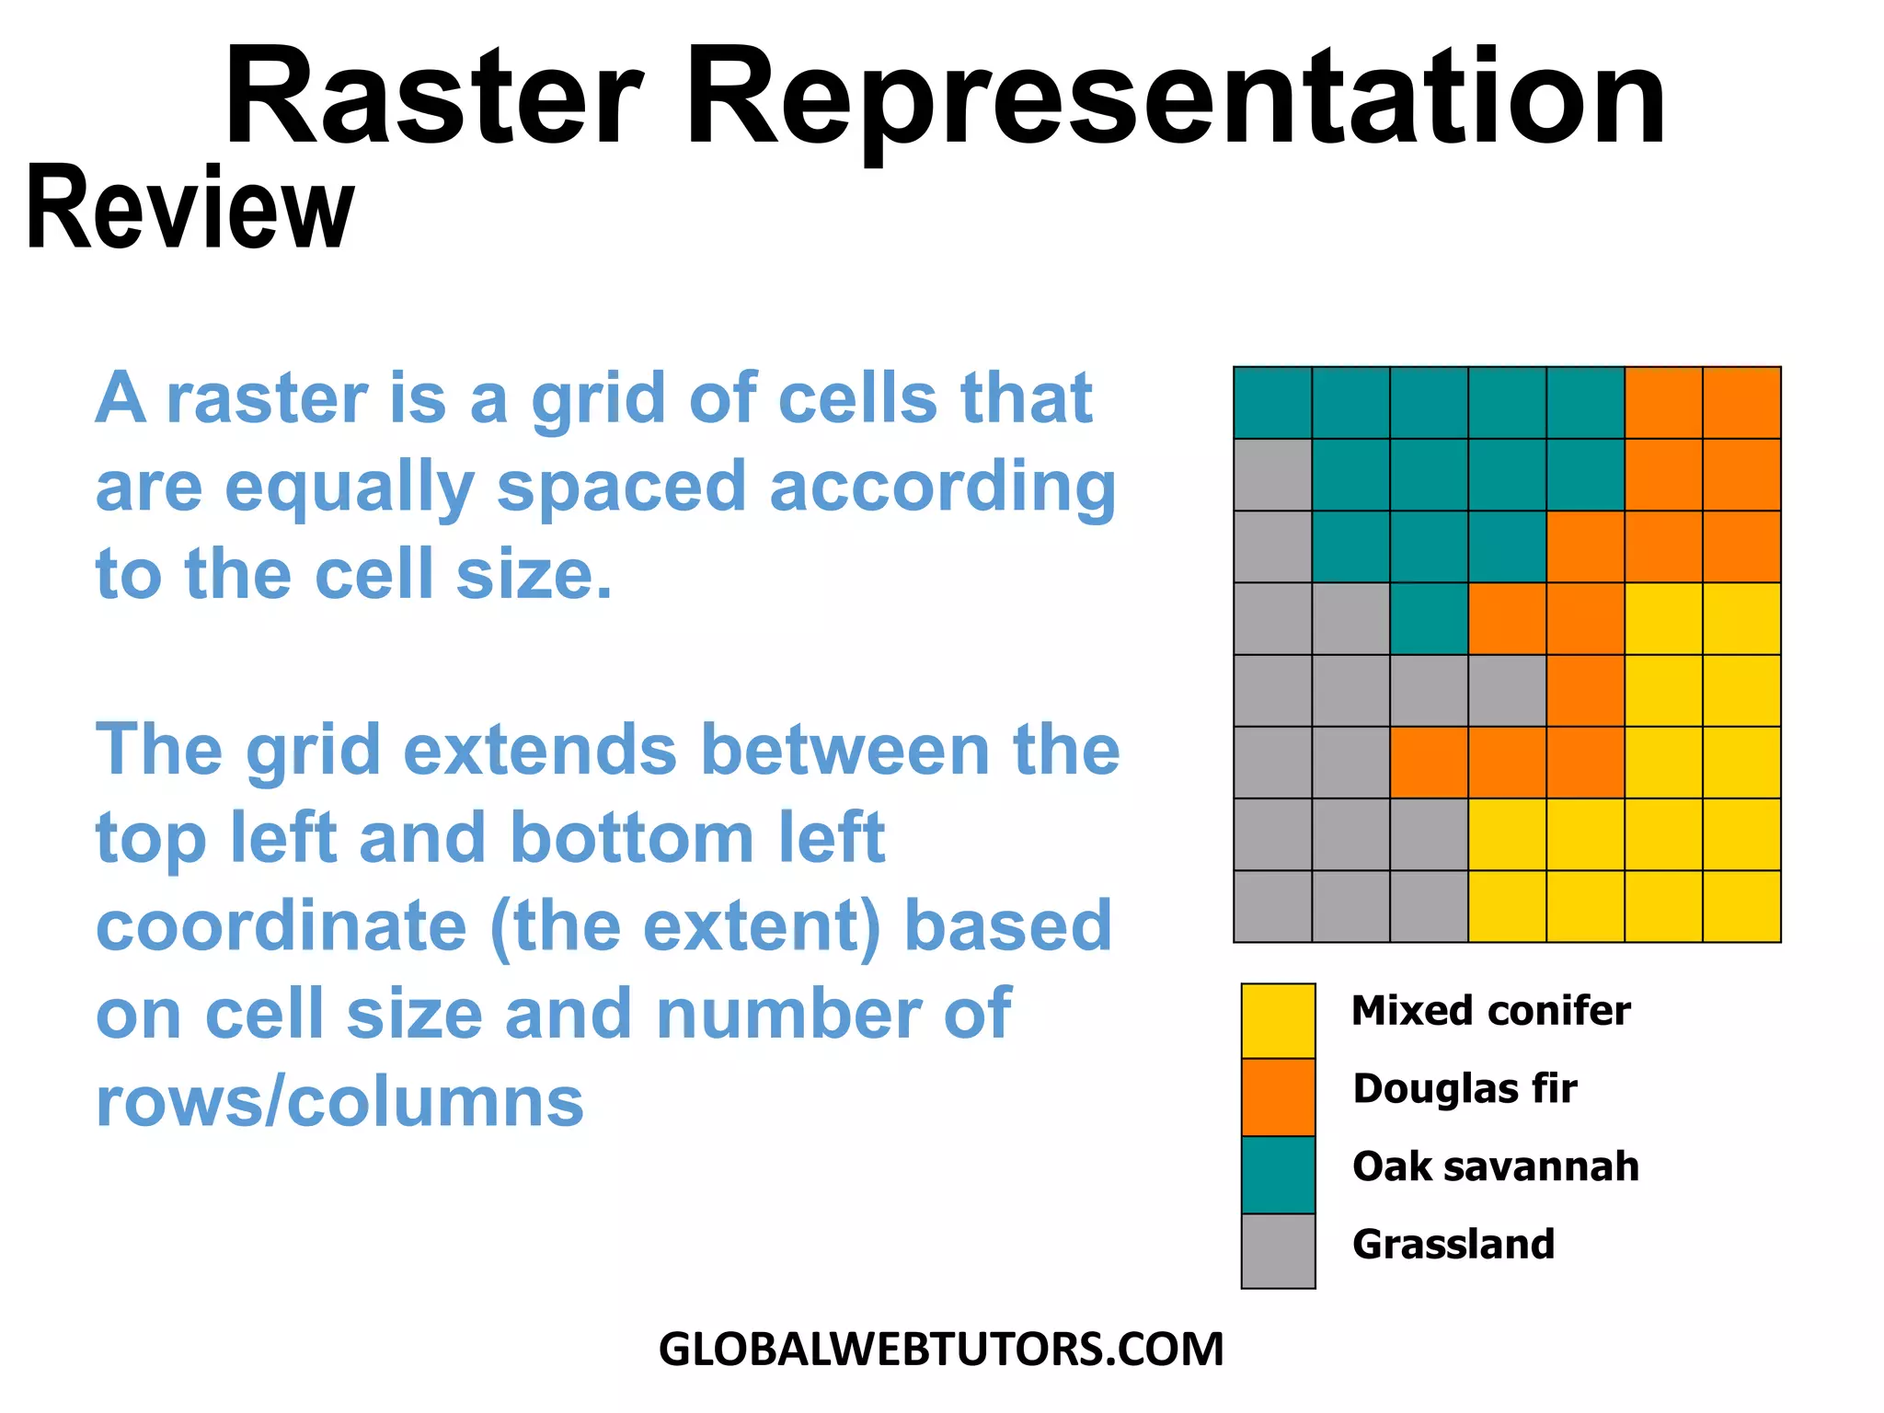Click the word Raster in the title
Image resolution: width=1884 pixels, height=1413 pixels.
coord(432,97)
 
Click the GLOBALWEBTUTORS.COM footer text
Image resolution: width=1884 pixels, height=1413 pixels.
coord(941,1350)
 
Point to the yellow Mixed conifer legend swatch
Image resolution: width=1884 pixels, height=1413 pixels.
coord(1278,1021)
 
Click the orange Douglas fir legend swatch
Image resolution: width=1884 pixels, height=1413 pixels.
coord(1278,1097)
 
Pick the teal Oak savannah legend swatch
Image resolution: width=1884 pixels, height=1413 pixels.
coord(1278,1175)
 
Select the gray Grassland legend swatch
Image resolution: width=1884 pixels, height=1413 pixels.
coord(1278,1251)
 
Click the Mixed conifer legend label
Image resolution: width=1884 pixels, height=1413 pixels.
coord(1490,1011)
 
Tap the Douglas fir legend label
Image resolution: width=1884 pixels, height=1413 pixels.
coord(1465,1088)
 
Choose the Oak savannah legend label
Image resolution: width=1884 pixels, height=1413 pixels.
coord(1496,1166)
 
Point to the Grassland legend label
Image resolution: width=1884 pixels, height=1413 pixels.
coord(1453,1245)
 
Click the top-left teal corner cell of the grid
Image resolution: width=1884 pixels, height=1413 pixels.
coord(1272,402)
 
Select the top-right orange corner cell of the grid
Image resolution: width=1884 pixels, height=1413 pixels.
coord(1741,402)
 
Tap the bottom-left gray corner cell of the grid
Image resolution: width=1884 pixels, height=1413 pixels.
coord(1272,906)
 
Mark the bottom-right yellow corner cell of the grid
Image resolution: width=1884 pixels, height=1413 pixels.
coord(1741,906)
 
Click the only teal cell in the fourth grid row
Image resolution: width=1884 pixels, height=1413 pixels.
coord(1429,618)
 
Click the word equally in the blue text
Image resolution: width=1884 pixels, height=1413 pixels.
coord(349,488)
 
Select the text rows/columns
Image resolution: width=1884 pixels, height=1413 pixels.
coord(339,1101)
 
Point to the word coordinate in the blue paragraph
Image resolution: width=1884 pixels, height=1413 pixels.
coord(281,926)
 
